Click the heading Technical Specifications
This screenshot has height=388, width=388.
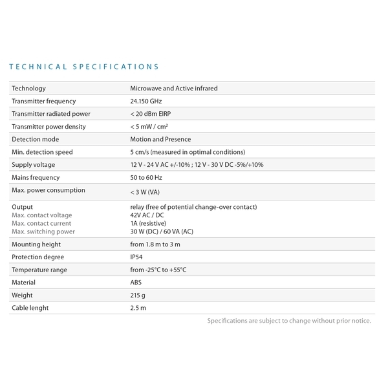click(x=85, y=67)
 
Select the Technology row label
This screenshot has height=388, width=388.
click(x=29, y=89)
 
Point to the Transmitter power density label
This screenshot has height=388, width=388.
click(x=48, y=127)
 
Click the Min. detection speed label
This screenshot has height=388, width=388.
click(x=42, y=152)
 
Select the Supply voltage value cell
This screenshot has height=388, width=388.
click(x=197, y=165)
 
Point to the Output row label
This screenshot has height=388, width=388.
click(x=23, y=207)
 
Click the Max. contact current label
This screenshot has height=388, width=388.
click(x=41, y=223)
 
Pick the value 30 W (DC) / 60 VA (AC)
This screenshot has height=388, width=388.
click(x=161, y=232)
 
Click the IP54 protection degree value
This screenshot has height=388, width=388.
click(x=136, y=257)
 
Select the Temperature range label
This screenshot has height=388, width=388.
click(x=39, y=270)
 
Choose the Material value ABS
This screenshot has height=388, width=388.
click(x=136, y=283)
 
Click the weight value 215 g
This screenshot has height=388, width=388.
click(x=138, y=295)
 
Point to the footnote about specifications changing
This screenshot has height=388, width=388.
click(x=289, y=321)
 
